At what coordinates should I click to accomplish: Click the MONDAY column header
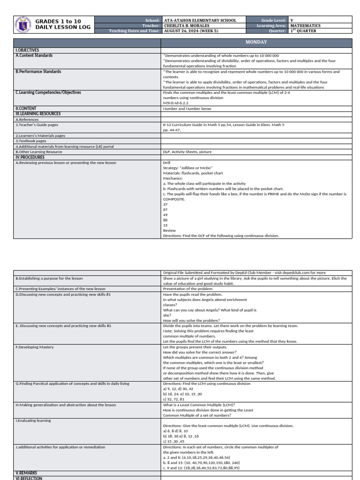[256, 42]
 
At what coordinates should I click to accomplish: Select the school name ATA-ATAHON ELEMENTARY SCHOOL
[200, 21]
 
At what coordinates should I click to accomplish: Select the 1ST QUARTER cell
[303, 31]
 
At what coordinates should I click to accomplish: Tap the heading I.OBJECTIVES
[27, 50]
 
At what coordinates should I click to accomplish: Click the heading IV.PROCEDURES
[30, 157]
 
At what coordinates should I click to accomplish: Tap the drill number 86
[165, 220]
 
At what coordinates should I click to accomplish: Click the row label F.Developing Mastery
[35, 347]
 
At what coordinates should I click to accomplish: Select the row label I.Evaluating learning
[33, 421]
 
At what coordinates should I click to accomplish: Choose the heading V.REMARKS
[26, 473]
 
